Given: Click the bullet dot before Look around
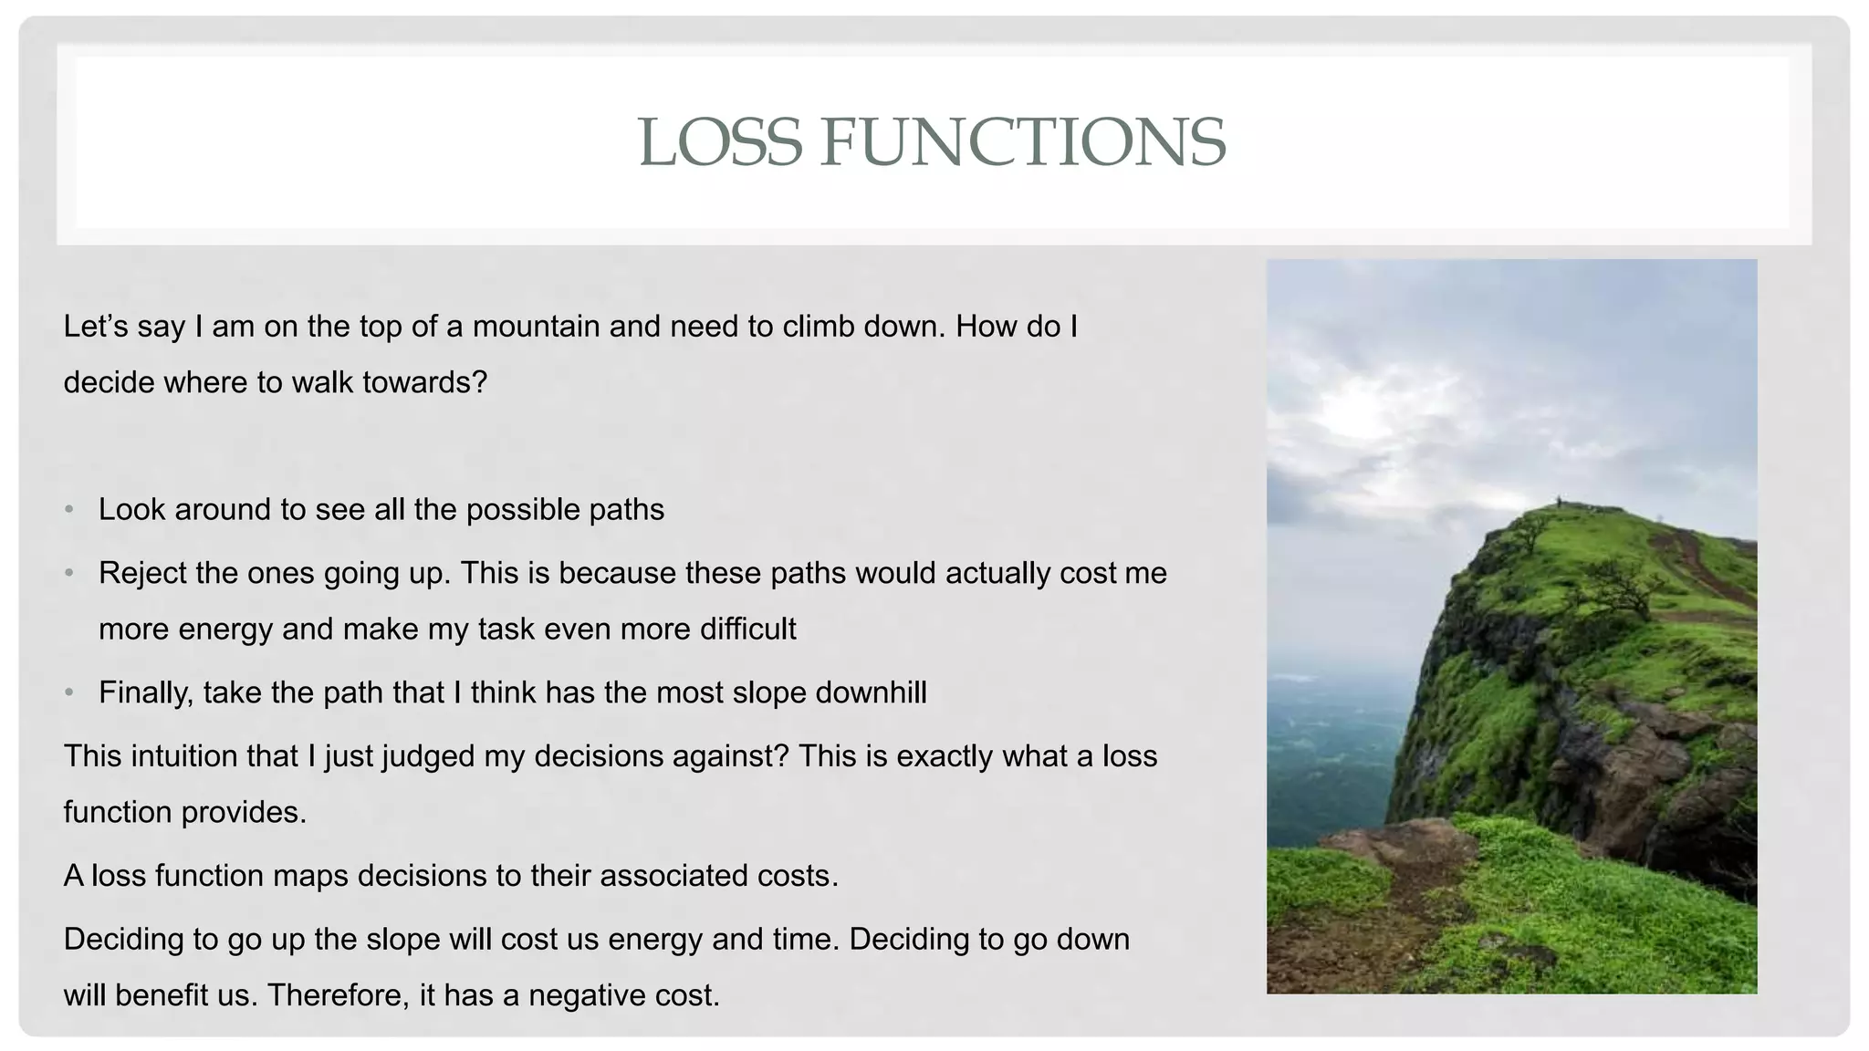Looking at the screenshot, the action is click(69, 510).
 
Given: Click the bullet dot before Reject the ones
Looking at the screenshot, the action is click(69, 574).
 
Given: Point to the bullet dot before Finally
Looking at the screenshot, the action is click(69, 693).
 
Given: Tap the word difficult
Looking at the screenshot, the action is click(747, 630).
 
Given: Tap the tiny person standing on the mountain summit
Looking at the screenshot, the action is click(1559, 501).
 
